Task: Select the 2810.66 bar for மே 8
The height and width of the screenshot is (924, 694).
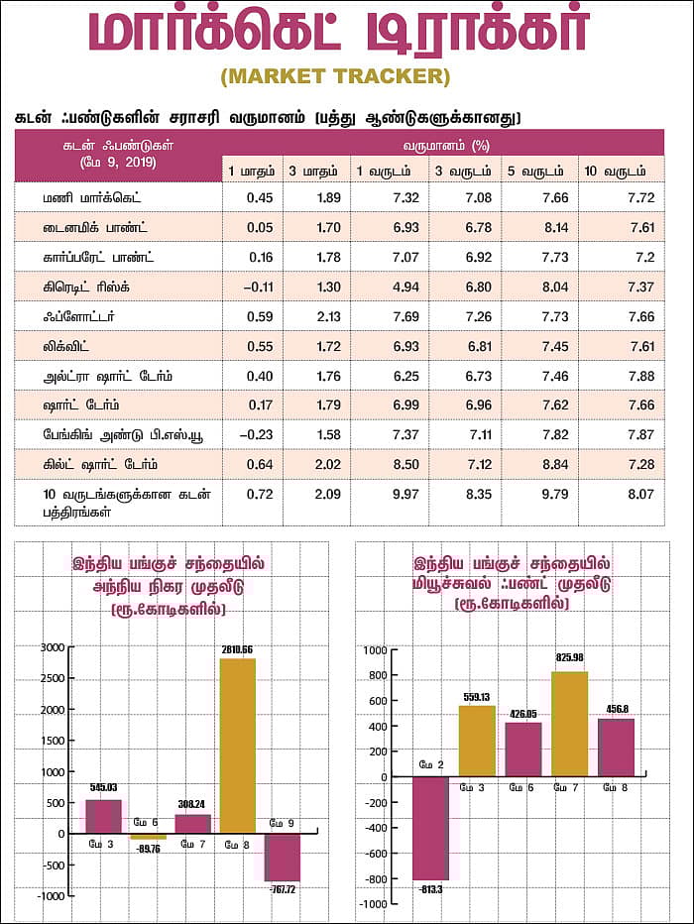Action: coord(238,745)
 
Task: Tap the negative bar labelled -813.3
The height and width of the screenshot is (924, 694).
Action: coord(430,828)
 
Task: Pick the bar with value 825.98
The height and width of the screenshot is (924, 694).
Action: coord(569,724)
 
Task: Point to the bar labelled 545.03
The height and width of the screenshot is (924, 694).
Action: coord(102,816)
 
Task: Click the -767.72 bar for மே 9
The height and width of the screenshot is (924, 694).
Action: coord(282,857)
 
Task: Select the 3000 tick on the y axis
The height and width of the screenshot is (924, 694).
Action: coord(52,647)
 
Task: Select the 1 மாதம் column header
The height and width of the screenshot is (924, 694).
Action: coord(252,171)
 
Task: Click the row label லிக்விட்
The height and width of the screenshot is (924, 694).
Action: coord(75,345)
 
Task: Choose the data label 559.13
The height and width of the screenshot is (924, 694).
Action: coord(477,697)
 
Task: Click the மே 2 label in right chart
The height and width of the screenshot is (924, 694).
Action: coord(430,764)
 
